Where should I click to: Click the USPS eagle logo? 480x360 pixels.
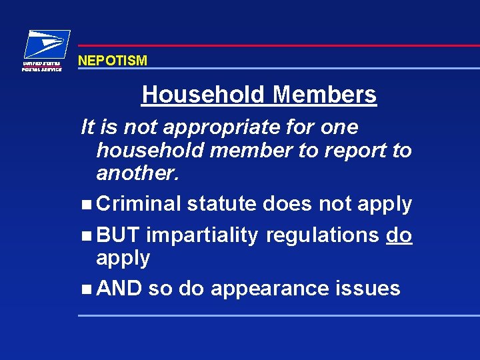[x=47, y=44]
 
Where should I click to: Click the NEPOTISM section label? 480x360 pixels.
[x=113, y=61]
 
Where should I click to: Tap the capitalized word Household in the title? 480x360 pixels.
[x=203, y=95]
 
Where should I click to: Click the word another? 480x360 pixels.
[x=138, y=173]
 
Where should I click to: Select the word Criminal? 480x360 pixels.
[x=139, y=204]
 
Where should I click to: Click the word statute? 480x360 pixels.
[x=222, y=204]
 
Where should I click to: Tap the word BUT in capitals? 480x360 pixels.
[x=118, y=235]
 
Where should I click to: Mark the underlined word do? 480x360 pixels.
[x=399, y=235]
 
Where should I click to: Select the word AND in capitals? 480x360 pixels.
[x=119, y=289]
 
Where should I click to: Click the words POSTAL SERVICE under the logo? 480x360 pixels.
[x=42, y=69]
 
